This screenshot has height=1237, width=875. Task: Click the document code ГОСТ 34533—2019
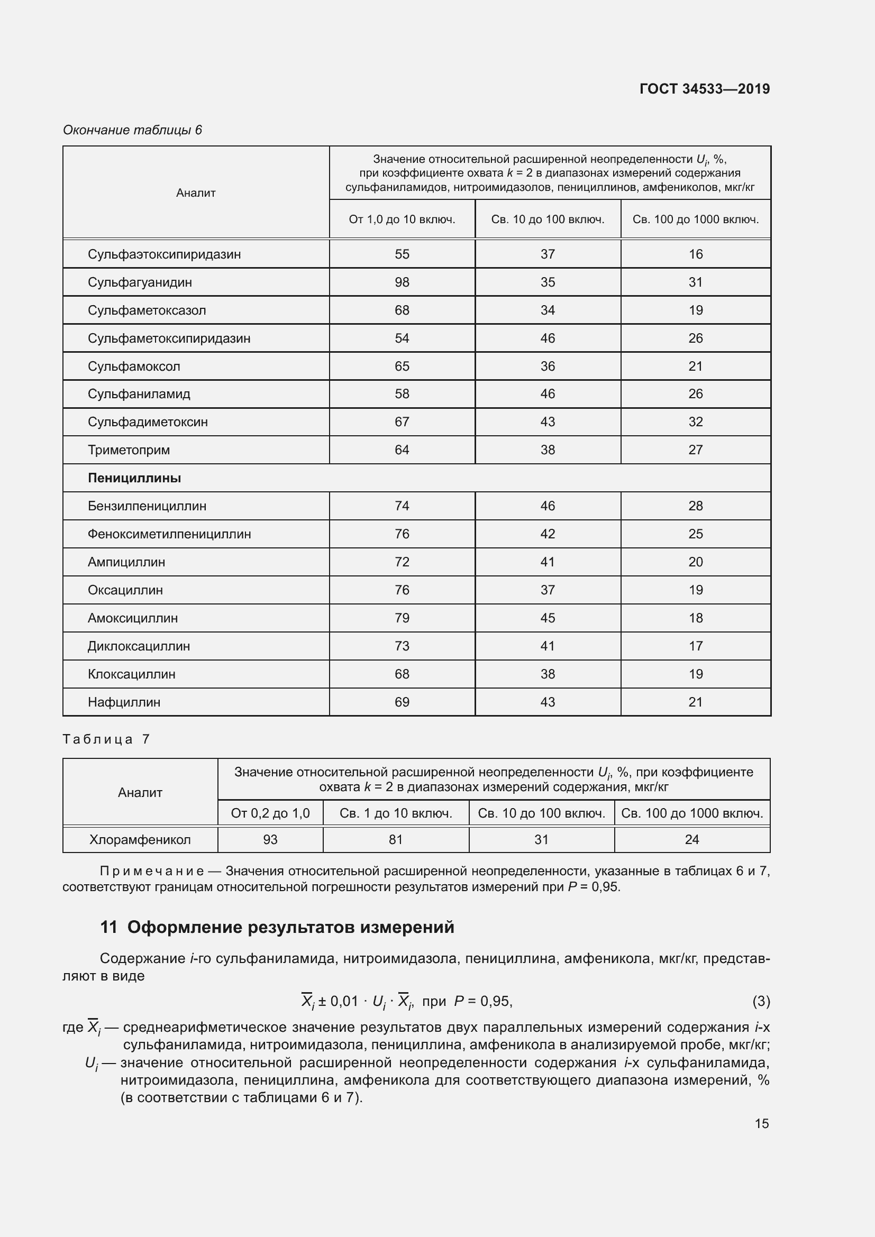704,89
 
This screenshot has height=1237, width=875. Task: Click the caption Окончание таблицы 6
132,130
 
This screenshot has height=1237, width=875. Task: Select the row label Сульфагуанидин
140,282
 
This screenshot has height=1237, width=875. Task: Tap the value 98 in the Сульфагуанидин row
402,282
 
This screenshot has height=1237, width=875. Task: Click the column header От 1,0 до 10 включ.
402,220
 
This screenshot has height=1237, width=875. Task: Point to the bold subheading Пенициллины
134,479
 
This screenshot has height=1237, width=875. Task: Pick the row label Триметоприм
129,450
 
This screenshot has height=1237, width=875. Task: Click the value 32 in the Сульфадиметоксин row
695,422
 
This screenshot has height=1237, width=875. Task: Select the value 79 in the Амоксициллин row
402,618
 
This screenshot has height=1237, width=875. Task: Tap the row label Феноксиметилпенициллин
169,534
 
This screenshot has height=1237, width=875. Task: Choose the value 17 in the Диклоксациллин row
695,646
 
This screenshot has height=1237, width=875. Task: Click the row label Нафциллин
124,702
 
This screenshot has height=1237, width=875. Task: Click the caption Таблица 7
106,739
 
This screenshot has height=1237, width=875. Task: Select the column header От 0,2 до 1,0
270,813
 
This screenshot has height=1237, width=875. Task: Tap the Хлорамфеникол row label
140,839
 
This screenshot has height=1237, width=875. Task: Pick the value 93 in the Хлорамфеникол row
270,839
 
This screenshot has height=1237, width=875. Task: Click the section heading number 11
108,927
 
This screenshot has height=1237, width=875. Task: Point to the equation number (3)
761,1001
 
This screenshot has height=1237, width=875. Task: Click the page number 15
761,1123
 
